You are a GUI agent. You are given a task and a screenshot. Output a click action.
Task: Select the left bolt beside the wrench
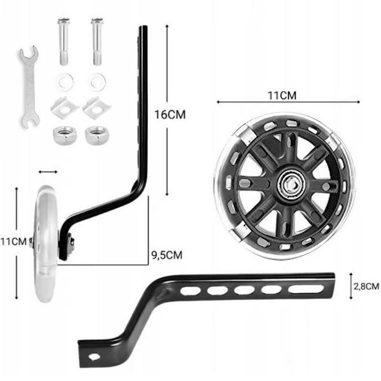coord(64,41)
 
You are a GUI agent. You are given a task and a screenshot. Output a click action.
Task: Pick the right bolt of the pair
coord(97,41)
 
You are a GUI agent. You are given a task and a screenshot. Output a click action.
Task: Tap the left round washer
coord(66,82)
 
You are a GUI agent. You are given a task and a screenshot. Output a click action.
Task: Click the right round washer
coord(98,82)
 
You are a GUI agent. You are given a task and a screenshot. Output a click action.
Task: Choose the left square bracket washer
coord(65,108)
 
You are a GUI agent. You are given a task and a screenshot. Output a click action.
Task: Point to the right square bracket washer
coord(97,108)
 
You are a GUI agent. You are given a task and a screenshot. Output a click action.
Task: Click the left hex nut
coord(65,135)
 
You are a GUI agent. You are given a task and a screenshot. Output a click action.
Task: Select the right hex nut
coord(97,135)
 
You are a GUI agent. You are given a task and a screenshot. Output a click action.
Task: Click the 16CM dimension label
coord(170,115)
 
